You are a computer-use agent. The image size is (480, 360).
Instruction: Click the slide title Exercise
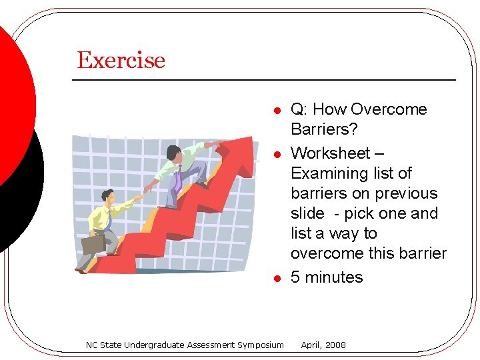coord(121,60)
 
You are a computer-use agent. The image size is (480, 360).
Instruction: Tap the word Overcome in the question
coord(389,109)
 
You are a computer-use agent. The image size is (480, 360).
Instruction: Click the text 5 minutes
coord(327,277)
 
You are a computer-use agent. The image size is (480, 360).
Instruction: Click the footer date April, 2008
coord(323,345)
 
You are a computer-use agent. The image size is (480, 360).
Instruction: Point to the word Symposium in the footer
coord(260,345)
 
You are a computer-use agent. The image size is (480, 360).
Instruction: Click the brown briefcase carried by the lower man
coord(93,245)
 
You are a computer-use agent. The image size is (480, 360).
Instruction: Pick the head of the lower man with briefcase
coord(107,197)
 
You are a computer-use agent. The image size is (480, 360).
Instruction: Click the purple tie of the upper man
coord(178,178)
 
